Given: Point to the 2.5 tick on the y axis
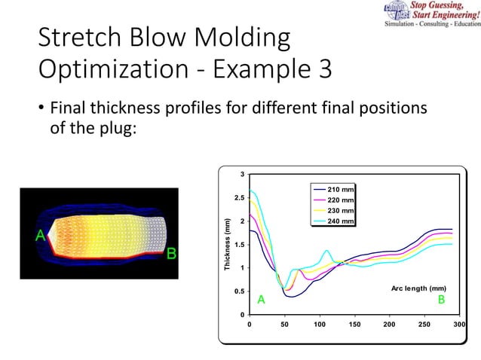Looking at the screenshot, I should [239, 198].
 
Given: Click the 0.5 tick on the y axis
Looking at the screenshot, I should [239, 291].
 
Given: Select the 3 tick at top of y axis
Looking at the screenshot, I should [242, 175].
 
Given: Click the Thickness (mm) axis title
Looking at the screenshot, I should [225, 245].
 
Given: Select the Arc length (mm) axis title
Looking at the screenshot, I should [418, 288].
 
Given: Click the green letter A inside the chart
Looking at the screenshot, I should [261, 300].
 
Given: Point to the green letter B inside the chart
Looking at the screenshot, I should [442, 300].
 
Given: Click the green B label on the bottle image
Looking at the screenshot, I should [171, 253].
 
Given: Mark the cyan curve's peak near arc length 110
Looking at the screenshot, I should [326, 251].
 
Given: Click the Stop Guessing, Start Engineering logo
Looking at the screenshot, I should [429, 14].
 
